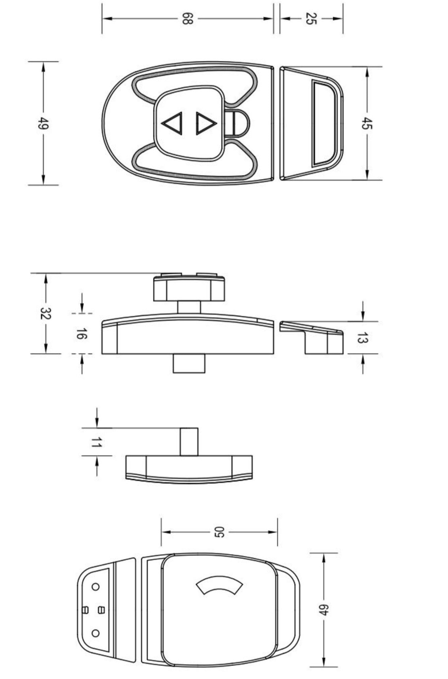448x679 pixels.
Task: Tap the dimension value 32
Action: coord(46,314)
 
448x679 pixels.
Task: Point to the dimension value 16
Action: coord(82,334)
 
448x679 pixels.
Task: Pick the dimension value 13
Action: coord(363,338)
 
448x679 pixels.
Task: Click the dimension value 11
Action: coord(96,442)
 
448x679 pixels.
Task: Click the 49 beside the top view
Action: coord(44,123)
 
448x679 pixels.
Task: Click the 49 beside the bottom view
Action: coord(324,610)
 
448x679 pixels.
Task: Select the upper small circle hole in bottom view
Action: coord(95,587)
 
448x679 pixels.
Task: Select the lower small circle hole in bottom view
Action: coord(95,633)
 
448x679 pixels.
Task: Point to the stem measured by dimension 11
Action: coord(189,442)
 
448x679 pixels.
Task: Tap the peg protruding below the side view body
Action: coord(189,363)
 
